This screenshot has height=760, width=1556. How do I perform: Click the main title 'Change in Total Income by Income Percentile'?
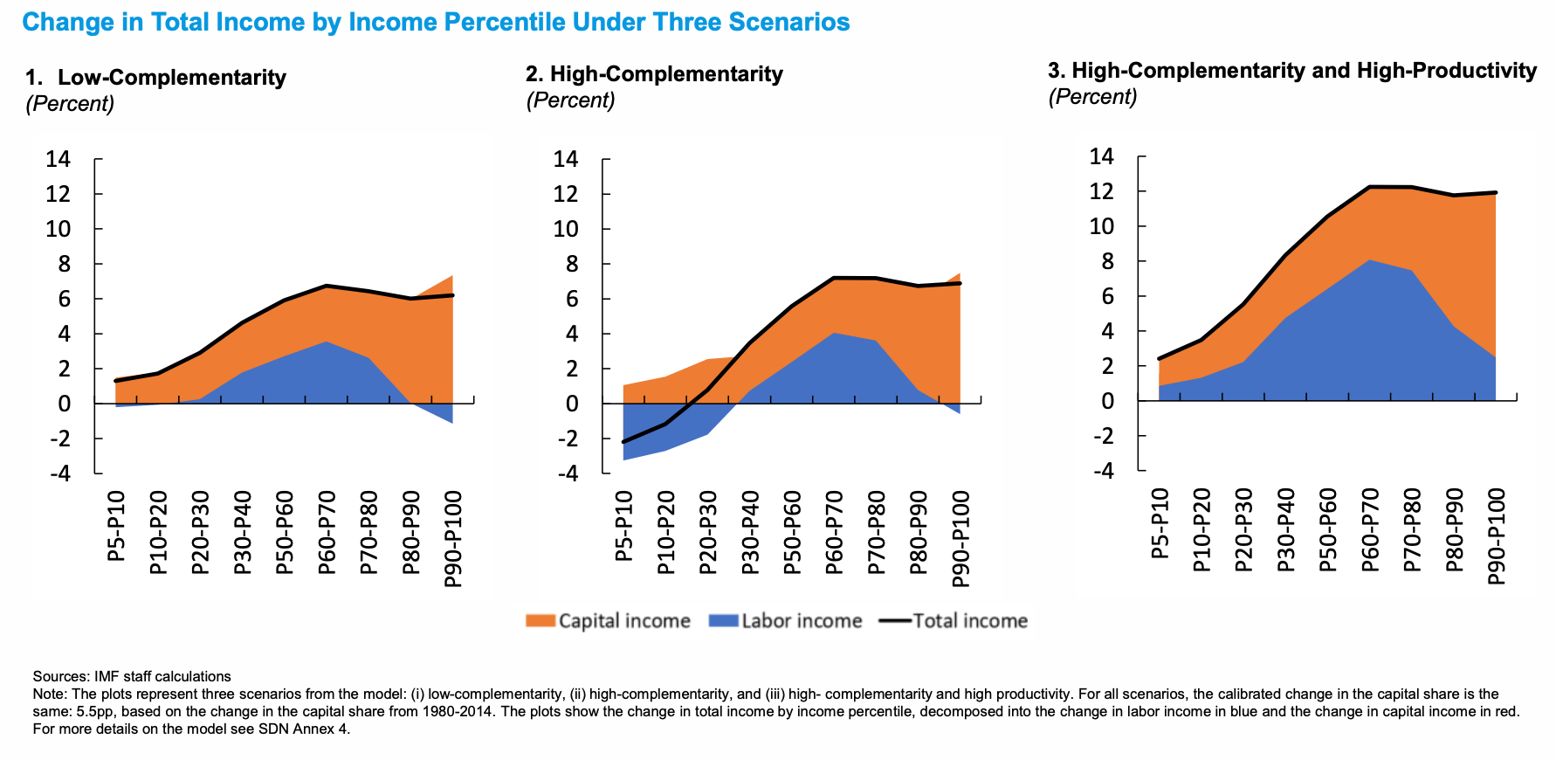(436, 22)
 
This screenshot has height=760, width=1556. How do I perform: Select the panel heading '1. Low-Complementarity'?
(156, 78)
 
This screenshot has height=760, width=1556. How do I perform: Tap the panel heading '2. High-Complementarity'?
(654, 74)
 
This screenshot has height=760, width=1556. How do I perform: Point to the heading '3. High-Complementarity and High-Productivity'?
(1292, 71)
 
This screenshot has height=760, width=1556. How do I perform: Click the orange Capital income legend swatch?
(540, 621)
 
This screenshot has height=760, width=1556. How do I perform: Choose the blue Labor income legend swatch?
(723, 621)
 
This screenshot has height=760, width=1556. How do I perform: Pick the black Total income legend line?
(894, 621)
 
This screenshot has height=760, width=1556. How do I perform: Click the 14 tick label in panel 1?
(59, 159)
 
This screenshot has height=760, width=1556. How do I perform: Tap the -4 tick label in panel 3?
(1104, 471)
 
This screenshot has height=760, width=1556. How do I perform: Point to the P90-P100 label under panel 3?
(1497, 535)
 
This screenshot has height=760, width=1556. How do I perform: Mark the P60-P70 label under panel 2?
(835, 532)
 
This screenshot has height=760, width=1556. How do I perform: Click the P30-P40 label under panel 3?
(1286, 529)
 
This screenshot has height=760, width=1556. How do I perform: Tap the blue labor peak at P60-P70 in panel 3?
(1370, 260)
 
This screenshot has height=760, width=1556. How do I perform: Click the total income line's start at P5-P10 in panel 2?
(624, 441)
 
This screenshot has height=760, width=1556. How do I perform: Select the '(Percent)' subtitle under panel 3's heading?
(1092, 97)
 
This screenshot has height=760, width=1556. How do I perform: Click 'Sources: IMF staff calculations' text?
(132, 676)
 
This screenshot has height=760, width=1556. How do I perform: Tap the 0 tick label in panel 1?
(64, 404)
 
